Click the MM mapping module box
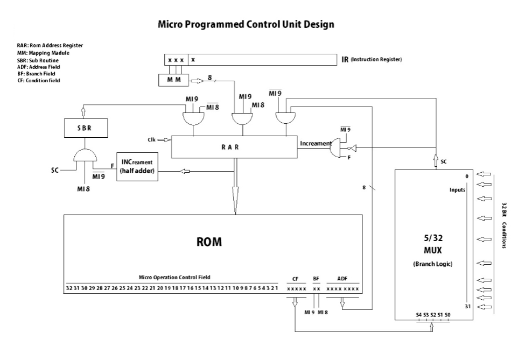173,80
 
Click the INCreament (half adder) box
136,167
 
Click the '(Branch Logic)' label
433,264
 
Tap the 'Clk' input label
152,140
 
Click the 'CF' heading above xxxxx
295,279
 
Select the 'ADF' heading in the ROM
342,279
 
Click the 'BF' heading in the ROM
317,279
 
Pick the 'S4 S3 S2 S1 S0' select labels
433,314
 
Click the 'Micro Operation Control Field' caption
174,277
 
